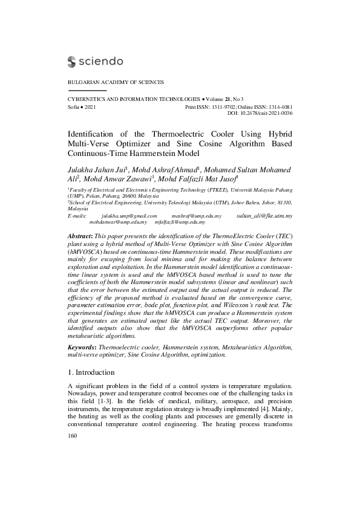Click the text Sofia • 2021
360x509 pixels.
click(x=81, y=106)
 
